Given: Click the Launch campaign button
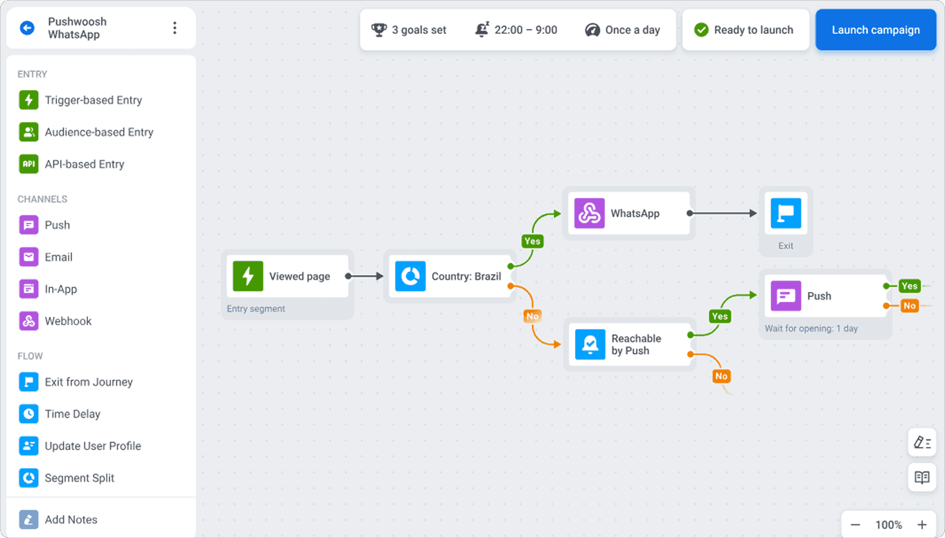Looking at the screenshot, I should tap(876, 30).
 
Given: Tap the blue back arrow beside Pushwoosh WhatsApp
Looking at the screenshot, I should tap(27, 28).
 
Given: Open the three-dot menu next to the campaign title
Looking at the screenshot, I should tap(175, 28).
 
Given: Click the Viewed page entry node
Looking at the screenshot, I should tap(287, 276).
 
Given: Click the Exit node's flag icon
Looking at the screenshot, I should tap(786, 213).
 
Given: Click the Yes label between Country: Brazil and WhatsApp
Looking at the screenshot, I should tap(532, 241).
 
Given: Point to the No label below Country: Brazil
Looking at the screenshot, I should tap(532, 316).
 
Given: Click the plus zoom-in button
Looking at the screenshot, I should tap(922, 525).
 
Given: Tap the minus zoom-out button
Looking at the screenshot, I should tap(856, 525).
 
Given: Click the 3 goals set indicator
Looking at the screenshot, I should tap(409, 30).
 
